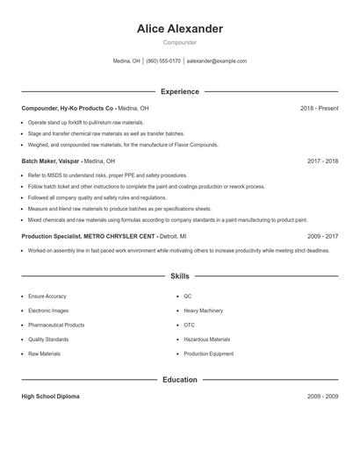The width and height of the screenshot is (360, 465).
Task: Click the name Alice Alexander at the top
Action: [x=180, y=29]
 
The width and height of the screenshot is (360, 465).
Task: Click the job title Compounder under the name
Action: [x=180, y=42]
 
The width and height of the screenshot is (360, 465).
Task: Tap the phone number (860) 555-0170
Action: [x=163, y=61]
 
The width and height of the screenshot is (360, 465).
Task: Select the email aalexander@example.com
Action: [x=217, y=61]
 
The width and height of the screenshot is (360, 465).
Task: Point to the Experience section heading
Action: [x=180, y=91]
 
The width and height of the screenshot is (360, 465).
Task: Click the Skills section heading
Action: [x=180, y=275]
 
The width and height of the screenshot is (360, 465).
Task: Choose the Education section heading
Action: [x=180, y=380]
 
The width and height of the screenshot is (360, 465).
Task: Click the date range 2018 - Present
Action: [x=319, y=108]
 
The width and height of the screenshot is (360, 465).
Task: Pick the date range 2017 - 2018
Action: [x=322, y=161]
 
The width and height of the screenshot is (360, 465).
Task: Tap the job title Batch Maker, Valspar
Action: [x=51, y=161]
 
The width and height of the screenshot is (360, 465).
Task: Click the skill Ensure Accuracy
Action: [x=47, y=297]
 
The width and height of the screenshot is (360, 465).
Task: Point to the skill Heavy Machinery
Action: [x=203, y=311]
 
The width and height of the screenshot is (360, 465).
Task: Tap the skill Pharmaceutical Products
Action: [x=57, y=325]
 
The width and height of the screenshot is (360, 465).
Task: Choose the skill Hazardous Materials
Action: [x=206, y=339]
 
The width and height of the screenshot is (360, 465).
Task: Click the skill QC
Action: [x=188, y=297]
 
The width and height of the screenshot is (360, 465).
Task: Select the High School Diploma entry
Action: [x=50, y=397]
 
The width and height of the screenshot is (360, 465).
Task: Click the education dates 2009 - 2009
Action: [x=322, y=397]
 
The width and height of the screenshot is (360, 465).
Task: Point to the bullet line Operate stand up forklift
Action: [x=85, y=122]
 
